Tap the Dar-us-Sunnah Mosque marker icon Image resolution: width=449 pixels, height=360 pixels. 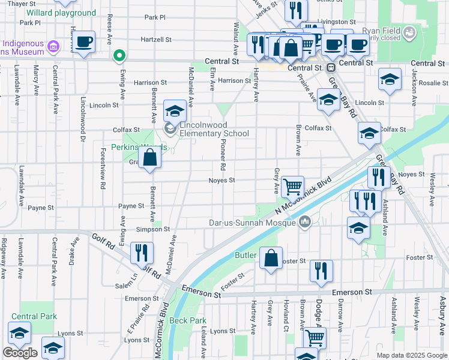pos(306,223)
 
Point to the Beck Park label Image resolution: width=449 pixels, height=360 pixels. pos(187,320)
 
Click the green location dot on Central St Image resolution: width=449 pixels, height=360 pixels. pos(119,56)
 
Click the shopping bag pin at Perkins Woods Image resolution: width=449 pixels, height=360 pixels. pos(151,158)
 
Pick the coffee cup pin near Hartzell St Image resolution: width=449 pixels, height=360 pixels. pos(83,42)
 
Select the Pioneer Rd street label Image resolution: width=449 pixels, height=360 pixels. pos(223,155)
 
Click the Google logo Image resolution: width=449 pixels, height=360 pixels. pos(20,353)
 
